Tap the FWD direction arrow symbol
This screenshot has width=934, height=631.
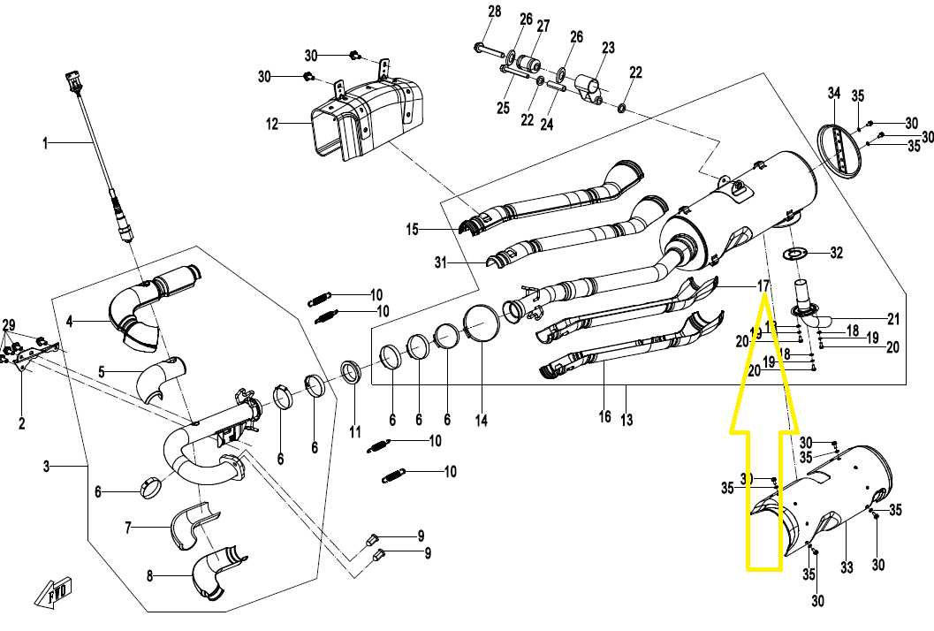(55, 596)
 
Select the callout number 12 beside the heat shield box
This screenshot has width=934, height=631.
(272, 124)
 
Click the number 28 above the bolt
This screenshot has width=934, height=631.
(494, 11)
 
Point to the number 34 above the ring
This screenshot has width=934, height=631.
(834, 93)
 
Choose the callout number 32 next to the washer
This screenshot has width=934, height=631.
(836, 253)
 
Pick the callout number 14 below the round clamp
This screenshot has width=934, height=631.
(481, 421)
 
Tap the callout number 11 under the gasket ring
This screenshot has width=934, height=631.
(355, 432)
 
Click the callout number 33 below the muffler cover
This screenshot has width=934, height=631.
(847, 566)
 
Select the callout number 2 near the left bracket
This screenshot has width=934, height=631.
(22, 424)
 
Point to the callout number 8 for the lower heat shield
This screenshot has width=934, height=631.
(149, 575)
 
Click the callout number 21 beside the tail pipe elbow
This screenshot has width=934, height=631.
(893, 318)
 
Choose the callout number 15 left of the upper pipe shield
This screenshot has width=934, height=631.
(412, 230)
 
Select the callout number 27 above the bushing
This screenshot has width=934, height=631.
(543, 27)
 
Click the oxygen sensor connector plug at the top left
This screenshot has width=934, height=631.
(72, 84)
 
